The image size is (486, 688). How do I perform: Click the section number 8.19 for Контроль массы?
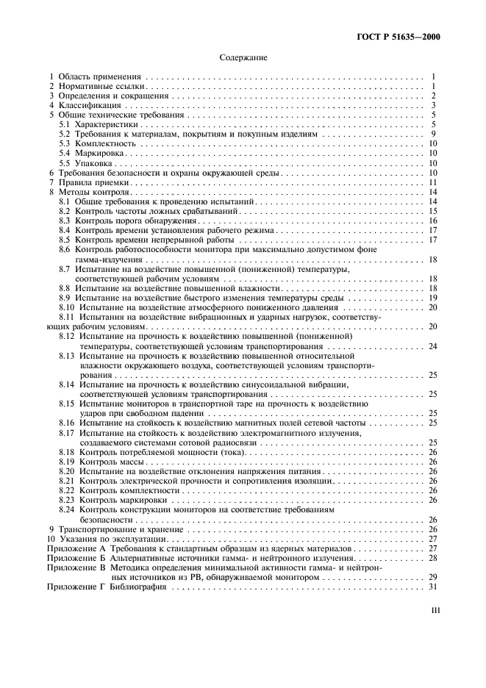coord(68,461)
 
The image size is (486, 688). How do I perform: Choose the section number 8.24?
coord(68,509)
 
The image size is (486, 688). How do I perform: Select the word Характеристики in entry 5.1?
coord(105,125)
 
